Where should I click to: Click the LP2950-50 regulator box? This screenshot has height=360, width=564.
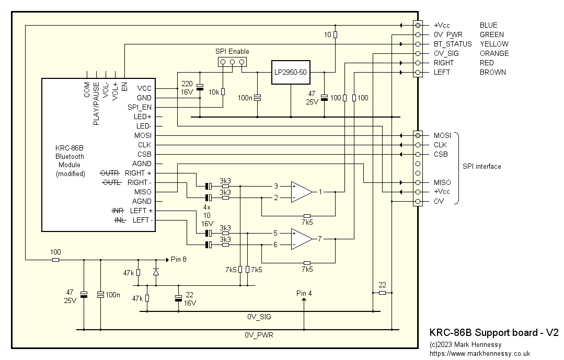(290, 73)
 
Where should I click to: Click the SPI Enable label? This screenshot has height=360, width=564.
(232, 51)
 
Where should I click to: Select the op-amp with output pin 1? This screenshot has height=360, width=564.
(301, 192)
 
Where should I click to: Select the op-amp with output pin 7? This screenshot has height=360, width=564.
(301, 239)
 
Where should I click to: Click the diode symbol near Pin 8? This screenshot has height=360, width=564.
(156, 272)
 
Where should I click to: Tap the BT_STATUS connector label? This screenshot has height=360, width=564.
(453, 44)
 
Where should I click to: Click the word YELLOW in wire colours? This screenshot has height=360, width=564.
(494, 44)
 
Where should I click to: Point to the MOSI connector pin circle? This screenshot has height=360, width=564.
(418, 135)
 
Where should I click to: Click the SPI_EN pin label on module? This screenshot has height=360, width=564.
(139, 107)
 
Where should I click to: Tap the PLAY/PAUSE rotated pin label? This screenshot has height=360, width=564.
(96, 103)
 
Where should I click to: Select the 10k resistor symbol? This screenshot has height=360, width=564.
(223, 92)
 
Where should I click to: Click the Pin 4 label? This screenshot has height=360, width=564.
(304, 293)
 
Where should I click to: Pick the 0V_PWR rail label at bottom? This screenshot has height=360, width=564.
(259, 335)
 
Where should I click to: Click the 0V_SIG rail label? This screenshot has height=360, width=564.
(259, 317)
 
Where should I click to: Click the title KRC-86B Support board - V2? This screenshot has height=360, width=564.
(494, 332)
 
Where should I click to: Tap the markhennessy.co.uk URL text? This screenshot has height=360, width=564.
(479, 354)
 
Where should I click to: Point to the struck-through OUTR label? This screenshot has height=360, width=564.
(110, 173)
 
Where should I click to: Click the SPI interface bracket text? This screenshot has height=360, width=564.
(481, 166)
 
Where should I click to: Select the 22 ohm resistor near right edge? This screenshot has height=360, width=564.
(382, 293)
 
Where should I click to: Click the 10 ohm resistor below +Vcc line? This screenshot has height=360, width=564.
(335, 34)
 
